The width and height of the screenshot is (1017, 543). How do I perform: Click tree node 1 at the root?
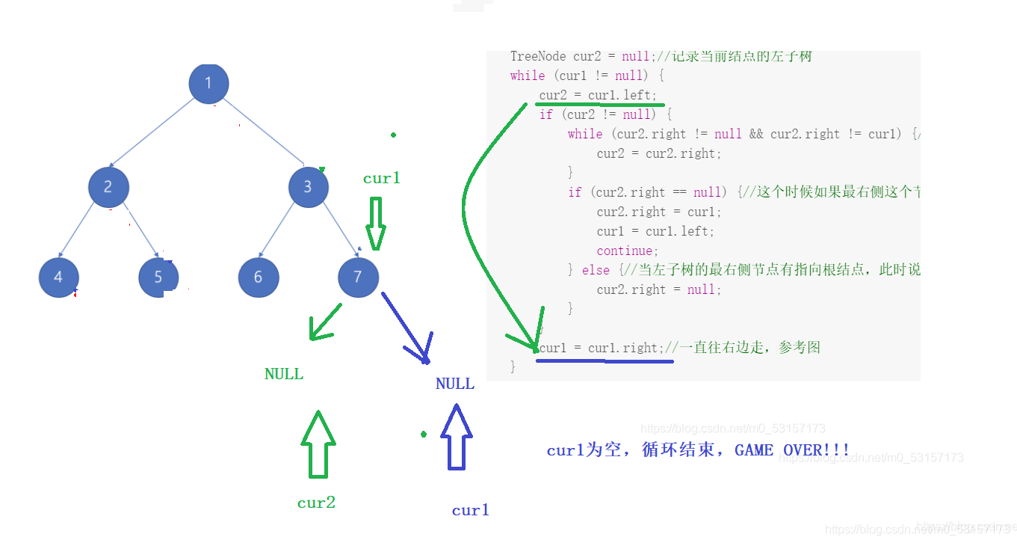pos(208,83)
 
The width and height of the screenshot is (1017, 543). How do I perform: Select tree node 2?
pos(108,187)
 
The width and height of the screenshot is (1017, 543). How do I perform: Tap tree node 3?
pos(308,187)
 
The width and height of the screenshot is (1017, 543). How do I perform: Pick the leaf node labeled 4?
pos(59,277)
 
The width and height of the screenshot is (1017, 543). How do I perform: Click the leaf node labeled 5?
pos(158,277)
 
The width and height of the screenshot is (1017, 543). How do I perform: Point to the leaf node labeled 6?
pos(259,277)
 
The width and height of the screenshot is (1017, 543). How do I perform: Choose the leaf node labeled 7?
pos(358,277)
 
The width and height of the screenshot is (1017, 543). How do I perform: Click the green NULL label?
pos(284,374)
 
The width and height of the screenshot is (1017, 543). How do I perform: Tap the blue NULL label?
pos(454,384)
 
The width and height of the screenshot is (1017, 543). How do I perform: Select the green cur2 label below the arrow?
pos(316,503)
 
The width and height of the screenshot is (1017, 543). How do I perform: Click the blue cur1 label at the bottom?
pos(471,510)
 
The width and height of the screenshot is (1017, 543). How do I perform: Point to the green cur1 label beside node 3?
pos(382,178)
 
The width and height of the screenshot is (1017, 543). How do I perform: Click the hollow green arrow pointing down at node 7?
pos(376,223)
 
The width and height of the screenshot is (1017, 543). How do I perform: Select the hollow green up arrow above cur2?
pos(318,444)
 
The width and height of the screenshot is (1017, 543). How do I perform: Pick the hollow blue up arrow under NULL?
pos(456,437)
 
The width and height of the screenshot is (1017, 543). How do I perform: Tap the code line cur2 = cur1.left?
pos(598,95)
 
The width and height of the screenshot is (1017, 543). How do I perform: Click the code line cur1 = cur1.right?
pos(600,348)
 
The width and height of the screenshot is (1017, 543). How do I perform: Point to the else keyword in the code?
pos(596,270)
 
